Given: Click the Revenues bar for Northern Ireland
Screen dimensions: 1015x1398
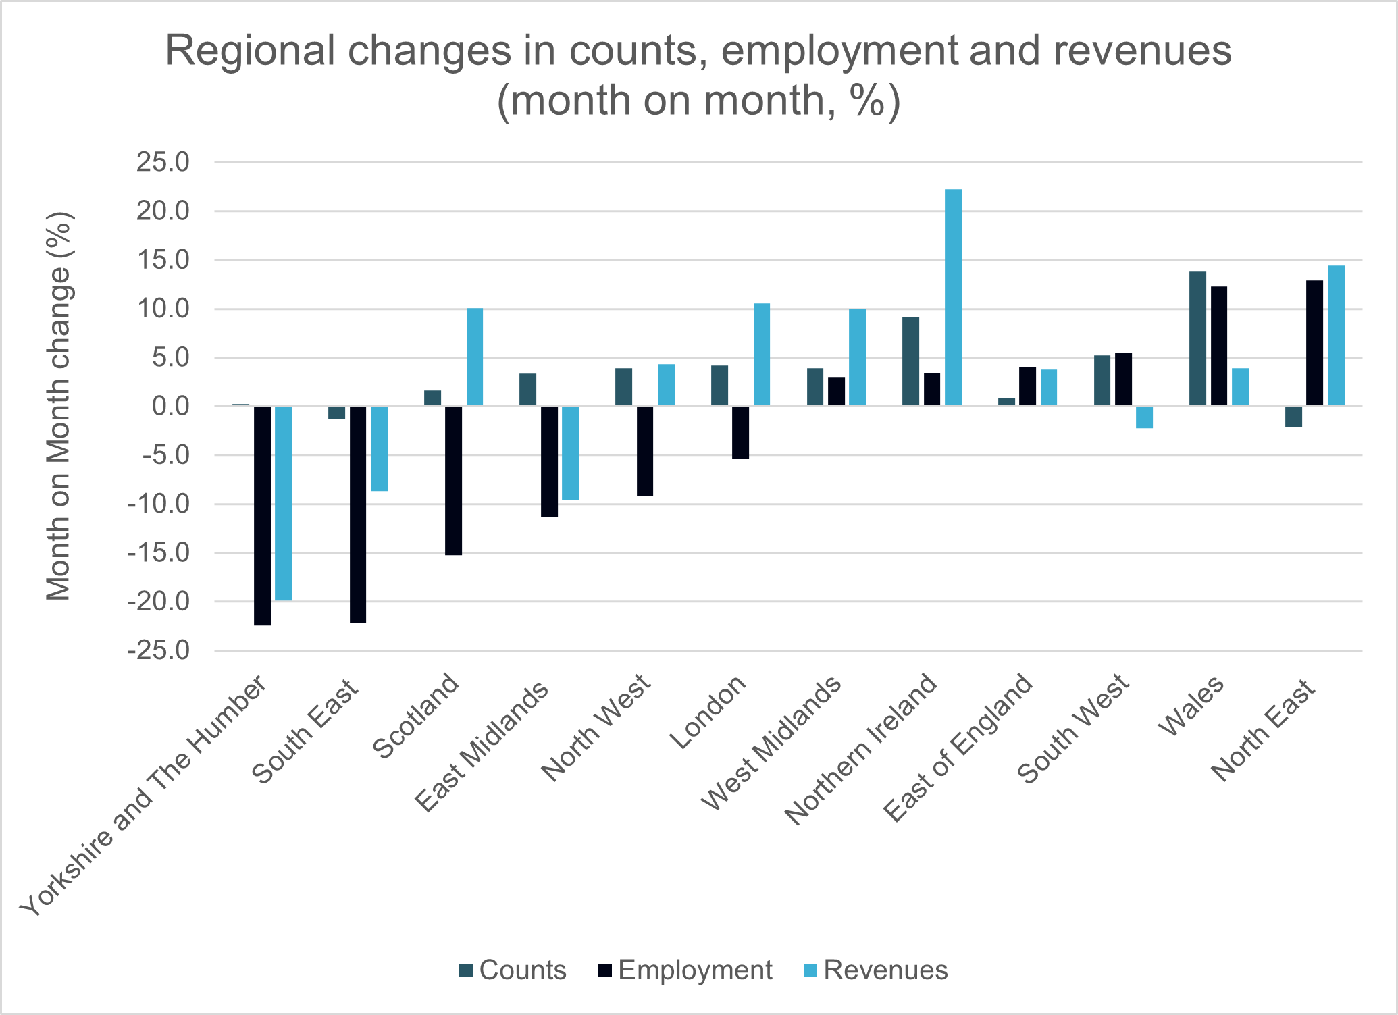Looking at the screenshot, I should [953, 298].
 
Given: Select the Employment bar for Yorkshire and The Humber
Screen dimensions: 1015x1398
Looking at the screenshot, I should [262, 515].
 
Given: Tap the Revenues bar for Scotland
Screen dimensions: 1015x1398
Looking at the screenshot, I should [475, 357].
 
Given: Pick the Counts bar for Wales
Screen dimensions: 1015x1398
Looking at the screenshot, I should [1197, 338].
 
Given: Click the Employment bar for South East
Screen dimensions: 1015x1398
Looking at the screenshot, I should [358, 514].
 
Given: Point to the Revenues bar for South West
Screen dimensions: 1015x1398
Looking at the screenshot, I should [1144, 417].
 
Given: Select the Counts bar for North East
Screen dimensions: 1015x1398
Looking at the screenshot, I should [1293, 416].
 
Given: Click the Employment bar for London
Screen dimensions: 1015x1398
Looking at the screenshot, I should [740, 432].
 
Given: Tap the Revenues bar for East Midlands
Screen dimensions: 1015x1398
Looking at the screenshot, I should [570, 453].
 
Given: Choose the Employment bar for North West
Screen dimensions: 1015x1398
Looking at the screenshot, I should [645, 451].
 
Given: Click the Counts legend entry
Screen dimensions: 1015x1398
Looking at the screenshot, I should [513, 970].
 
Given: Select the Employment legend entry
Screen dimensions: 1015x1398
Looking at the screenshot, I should [685, 970].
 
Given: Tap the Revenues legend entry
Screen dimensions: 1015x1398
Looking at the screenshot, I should [877, 970].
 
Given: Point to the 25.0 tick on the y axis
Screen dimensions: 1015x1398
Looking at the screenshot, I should [163, 163].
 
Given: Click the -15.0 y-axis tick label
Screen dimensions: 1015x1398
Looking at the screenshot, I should [159, 553].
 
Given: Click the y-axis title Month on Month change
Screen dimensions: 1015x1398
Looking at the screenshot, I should [59, 406].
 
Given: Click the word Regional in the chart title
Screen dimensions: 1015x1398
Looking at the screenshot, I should [250, 51].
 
